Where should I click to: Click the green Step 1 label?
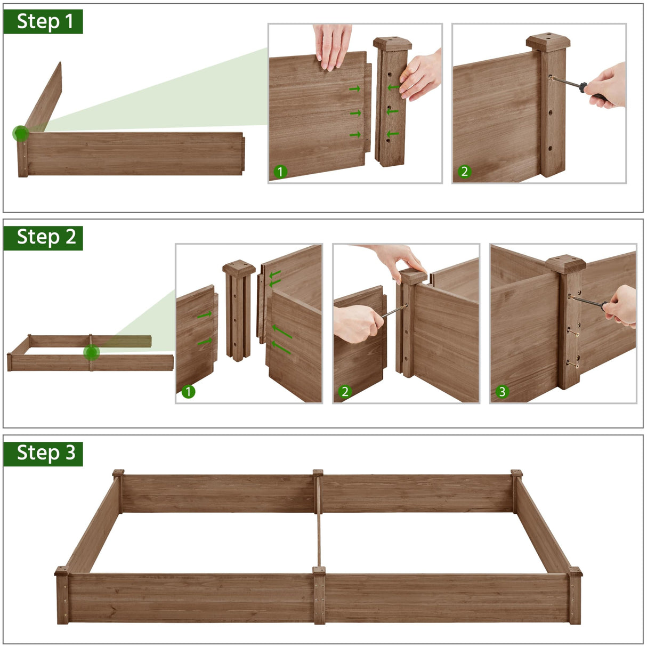point(43,22)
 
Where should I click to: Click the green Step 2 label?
point(43,237)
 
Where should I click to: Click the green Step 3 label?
point(43,453)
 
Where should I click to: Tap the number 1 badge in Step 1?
point(280,172)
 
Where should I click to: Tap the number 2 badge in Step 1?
point(464,172)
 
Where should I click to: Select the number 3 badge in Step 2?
point(502,392)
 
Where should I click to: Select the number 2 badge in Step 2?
point(345,392)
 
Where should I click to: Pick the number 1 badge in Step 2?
point(188,392)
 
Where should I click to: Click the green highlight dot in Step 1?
point(21,133)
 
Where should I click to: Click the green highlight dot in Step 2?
point(92,352)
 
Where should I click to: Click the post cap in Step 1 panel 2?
point(548,42)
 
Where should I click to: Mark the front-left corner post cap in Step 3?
point(62,571)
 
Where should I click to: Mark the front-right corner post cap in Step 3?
point(575,571)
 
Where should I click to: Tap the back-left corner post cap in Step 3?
point(118,473)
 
